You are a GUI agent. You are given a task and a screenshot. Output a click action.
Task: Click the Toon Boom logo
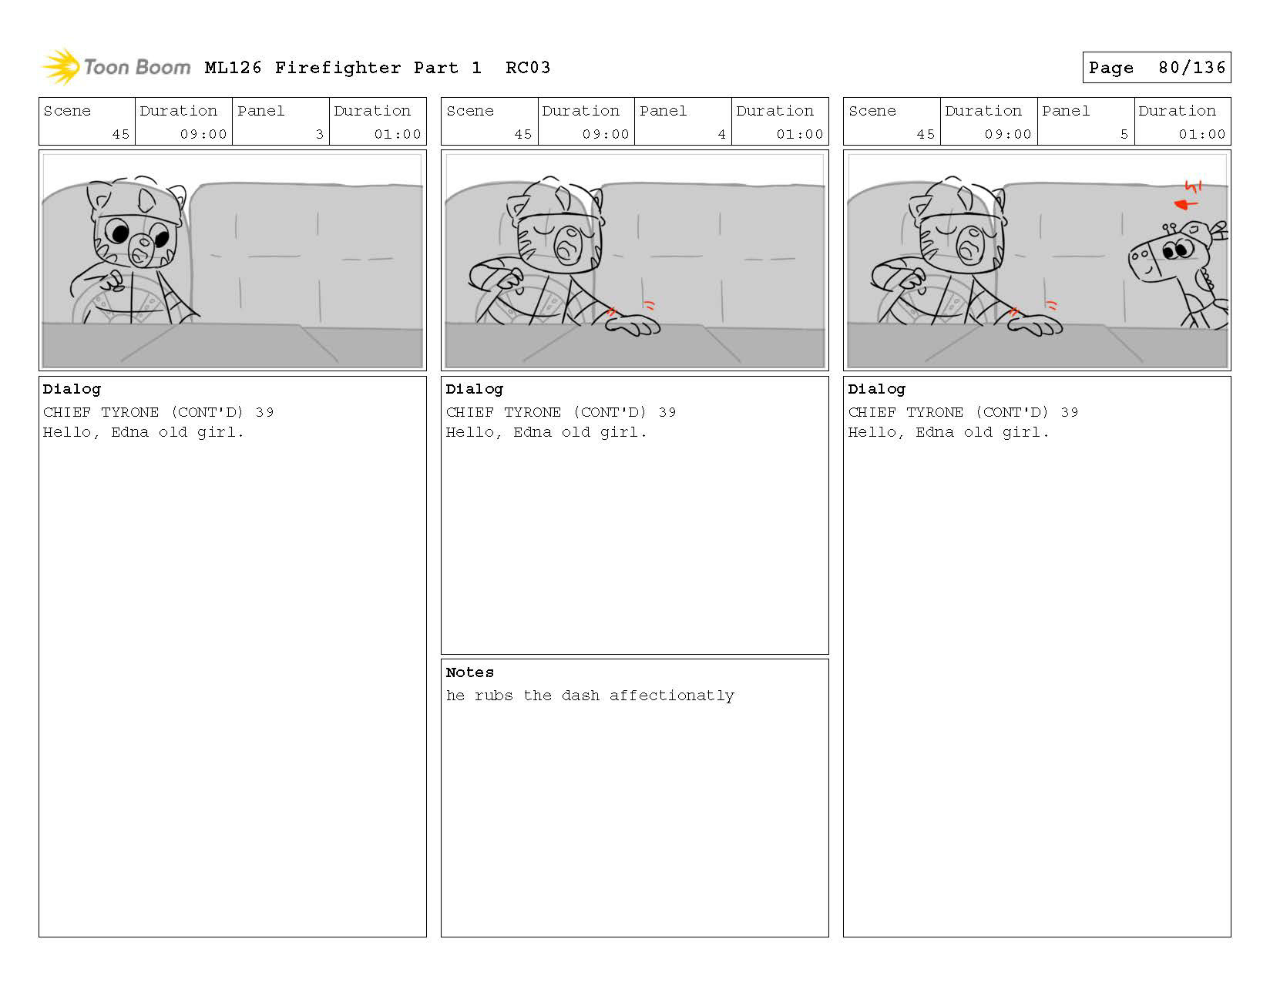[x=116, y=67]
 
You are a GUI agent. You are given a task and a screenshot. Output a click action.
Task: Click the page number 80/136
[x=1191, y=68]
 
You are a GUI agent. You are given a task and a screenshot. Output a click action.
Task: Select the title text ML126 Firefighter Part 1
[x=343, y=68]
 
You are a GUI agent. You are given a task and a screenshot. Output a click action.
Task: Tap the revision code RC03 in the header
[x=528, y=68]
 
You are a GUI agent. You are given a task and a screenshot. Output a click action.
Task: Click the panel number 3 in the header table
[x=319, y=134]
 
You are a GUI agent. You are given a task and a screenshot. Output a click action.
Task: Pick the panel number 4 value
[x=722, y=134]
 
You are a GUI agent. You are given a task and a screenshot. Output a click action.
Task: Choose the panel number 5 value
[x=1124, y=134]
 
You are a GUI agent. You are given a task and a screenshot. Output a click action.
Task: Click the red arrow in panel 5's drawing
[x=1187, y=204]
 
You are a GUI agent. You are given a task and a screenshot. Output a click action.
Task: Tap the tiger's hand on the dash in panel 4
[x=633, y=324]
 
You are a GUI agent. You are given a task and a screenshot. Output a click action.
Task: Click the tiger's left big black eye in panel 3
[x=119, y=233]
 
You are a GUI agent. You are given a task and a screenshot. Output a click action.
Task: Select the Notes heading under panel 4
[x=469, y=672]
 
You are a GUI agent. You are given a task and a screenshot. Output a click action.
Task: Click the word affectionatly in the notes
[x=671, y=696]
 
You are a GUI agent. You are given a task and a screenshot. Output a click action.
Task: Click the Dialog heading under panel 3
[x=72, y=389]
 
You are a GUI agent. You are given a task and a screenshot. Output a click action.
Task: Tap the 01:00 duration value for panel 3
[x=398, y=134]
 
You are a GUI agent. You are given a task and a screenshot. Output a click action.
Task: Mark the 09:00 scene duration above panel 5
[x=1007, y=134]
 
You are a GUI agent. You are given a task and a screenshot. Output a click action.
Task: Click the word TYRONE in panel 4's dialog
[x=532, y=412]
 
